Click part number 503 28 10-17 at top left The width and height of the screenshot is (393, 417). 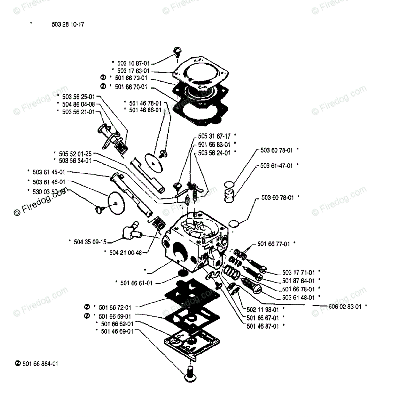(x=67, y=25)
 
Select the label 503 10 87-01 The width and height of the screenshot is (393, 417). (x=133, y=63)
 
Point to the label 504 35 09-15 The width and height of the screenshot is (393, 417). (x=90, y=242)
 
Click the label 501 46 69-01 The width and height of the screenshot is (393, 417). (x=117, y=332)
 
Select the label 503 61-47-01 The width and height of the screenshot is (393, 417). (x=276, y=166)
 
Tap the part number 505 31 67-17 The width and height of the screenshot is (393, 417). (x=214, y=136)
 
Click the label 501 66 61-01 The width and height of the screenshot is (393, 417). (x=136, y=283)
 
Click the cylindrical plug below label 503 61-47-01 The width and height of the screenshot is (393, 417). (x=230, y=195)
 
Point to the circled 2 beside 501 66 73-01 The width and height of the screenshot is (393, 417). (x=103, y=77)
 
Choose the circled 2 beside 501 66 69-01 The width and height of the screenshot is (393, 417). (x=87, y=316)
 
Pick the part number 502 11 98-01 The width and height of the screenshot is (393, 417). (x=263, y=309)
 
